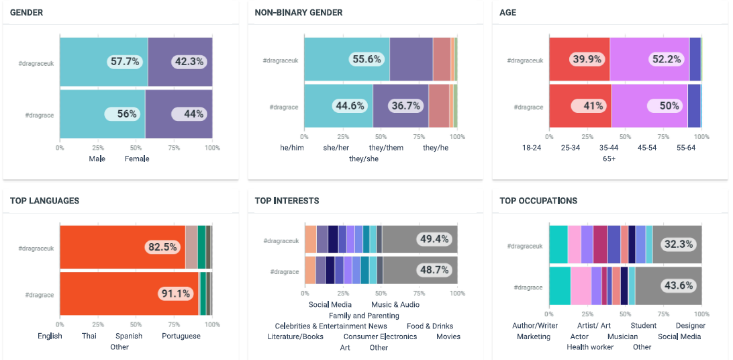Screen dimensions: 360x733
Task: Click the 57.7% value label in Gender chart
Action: pos(125,62)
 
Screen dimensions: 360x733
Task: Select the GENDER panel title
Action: pos(28,13)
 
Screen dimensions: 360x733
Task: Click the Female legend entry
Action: pos(137,159)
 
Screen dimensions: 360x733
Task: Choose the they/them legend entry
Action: pos(386,148)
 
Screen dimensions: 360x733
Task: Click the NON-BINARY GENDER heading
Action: pos(299,13)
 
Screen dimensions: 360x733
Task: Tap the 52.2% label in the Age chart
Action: pos(667,59)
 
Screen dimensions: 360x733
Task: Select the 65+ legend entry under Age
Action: pos(609,159)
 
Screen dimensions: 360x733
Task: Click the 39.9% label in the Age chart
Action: pos(587,59)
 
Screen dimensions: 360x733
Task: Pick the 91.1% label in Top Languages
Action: pos(175,294)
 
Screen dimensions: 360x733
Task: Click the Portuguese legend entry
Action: pos(181,336)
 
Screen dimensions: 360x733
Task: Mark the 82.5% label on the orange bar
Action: pos(164,247)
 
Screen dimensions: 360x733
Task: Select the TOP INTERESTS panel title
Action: pos(287,201)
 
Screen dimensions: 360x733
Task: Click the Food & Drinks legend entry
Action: pos(430,326)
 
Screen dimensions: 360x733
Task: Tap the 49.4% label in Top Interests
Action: pos(433,239)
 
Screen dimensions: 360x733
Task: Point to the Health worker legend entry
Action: pos(589,347)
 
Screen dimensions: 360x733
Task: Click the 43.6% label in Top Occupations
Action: pos(678,285)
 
